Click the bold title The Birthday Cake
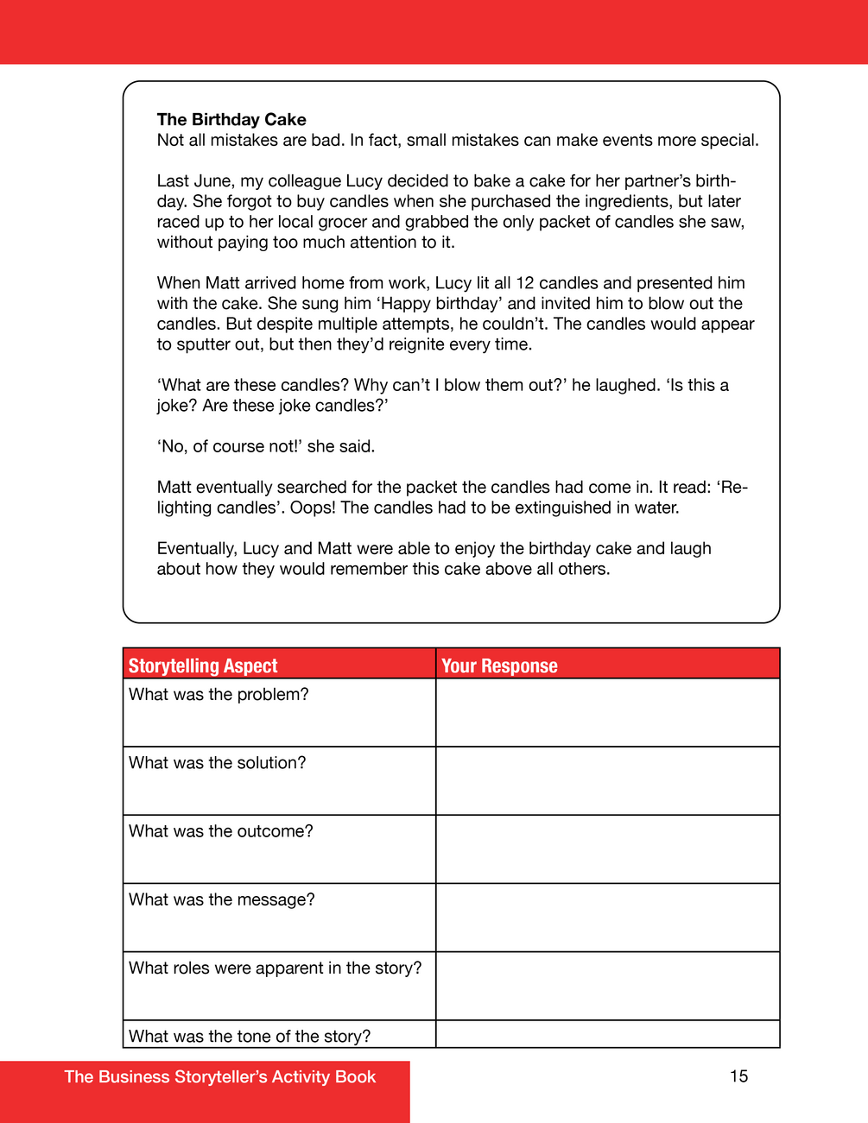click(x=231, y=120)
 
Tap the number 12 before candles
click(x=525, y=283)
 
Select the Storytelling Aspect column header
click(x=203, y=666)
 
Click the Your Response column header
click(x=499, y=666)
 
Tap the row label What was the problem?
click(x=219, y=695)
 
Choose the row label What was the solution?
click(x=218, y=763)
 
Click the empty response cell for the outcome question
click(x=607, y=849)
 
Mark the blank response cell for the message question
click(x=607, y=918)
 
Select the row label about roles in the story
click(x=276, y=968)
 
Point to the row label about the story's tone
click(x=250, y=1036)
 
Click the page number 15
click(x=738, y=1076)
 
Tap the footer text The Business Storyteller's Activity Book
click(x=220, y=1077)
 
